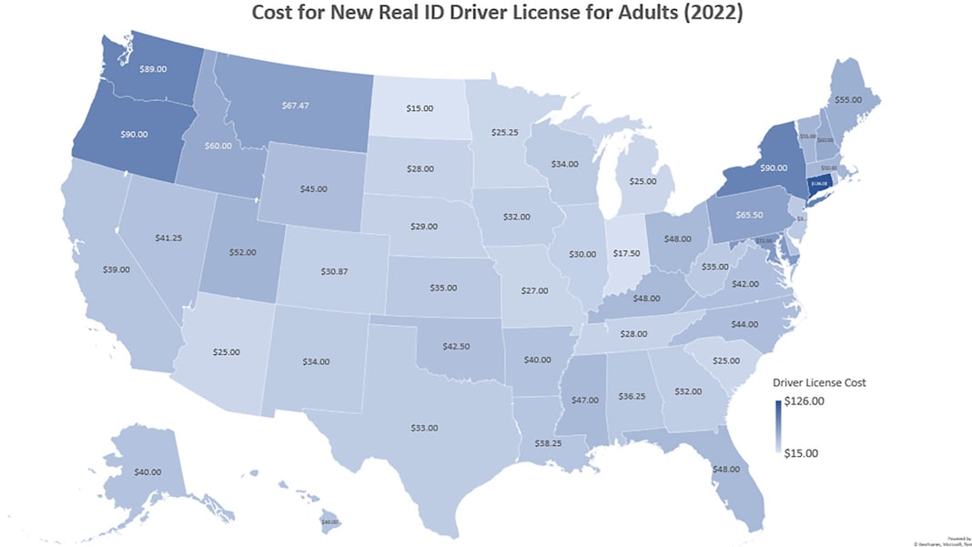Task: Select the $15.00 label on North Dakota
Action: point(420,109)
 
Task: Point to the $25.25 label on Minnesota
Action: point(504,132)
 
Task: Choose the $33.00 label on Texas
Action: point(424,427)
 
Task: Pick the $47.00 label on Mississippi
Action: point(583,400)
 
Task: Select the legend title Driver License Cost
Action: point(818,382)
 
